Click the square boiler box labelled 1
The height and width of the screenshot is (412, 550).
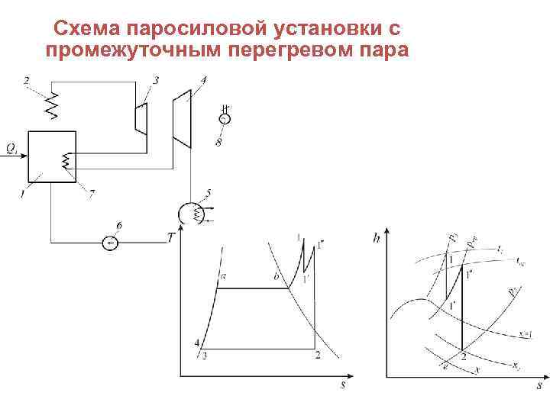pos(51,156)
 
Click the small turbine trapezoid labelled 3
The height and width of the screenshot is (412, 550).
pos(141,118)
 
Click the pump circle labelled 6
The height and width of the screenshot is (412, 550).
pos(111,243)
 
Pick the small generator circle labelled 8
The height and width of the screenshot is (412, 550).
pos(224,119)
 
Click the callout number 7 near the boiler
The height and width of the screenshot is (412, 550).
pos(91,196)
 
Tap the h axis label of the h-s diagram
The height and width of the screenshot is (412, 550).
pos(377,238)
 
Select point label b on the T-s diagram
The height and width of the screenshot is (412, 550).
pos(276,278)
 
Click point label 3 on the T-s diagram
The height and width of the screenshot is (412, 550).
pos(204,355)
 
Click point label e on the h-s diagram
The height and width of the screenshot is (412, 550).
pos(445,367)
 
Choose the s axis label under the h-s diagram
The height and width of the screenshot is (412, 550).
pos(539,386)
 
